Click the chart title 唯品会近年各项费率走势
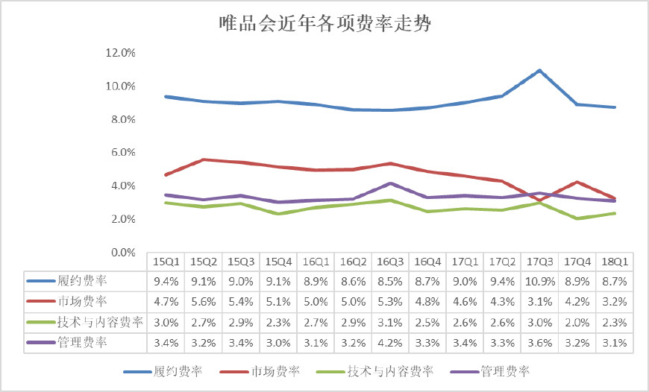[325, 24]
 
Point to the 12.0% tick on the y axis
[120, 52]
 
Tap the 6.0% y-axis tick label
[123, 152]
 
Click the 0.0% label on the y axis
[123, 252]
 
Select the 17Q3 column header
[540, 262]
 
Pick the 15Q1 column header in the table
[166, 262]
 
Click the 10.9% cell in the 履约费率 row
[540, 282]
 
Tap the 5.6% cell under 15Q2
[204, 302]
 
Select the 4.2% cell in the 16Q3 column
[390, 343]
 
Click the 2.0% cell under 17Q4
[577, 323]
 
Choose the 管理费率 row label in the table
[82, 342]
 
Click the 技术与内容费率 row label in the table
[100, 322]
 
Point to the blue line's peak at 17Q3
[539, 71]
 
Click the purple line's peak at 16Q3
[390, 183]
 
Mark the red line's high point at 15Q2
[203, 159]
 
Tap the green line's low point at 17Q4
[577, 218]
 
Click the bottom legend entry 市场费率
[260, 371]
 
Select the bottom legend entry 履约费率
[163, 371]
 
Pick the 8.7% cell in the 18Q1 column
[615, 282]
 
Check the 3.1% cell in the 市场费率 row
[540, 302]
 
